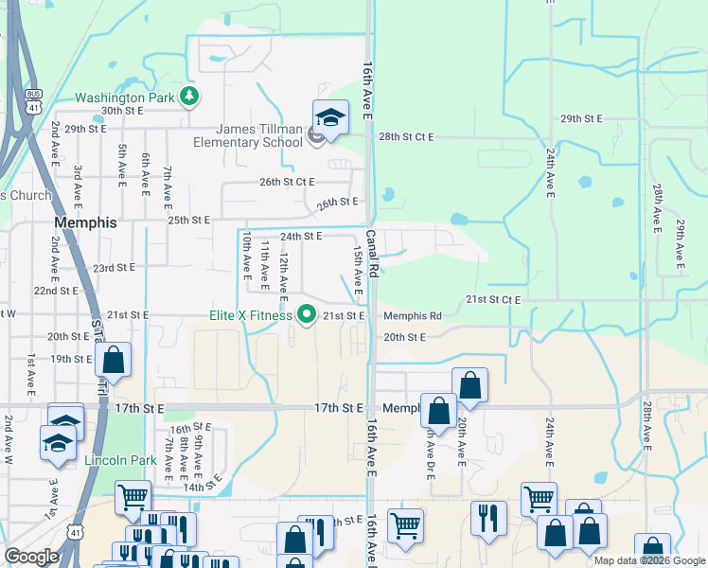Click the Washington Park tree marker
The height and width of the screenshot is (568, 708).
pos(190,96)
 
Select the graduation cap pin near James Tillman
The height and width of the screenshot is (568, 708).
pos(331,117)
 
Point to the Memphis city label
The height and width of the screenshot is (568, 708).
pos(86,223)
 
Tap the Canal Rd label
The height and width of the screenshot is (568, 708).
pos(373,253)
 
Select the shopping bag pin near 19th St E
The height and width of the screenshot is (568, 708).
pos(114,360)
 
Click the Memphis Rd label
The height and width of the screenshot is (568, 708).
pos(413,315)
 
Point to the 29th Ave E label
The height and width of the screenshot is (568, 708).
pos(680,244)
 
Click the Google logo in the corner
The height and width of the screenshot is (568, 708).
pos(30,557)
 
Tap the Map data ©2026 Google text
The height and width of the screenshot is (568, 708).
pos(649,560)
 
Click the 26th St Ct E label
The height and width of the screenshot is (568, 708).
pos(287,182)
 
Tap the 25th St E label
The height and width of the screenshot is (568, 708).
pos(188,220)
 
